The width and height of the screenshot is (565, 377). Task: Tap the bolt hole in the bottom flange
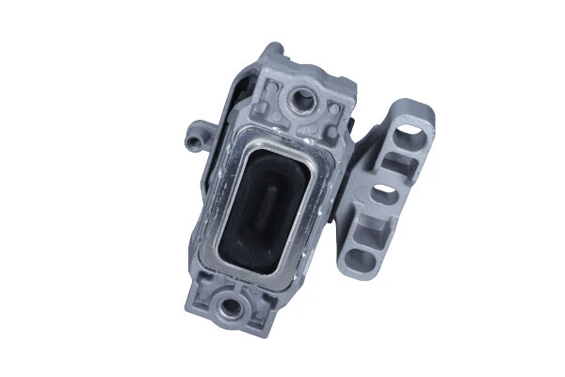(x=227, y=305)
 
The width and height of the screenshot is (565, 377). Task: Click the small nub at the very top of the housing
(x=272, y=49)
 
